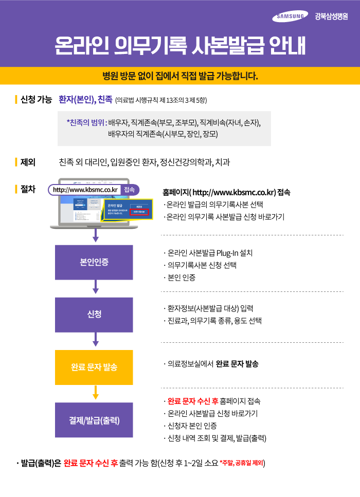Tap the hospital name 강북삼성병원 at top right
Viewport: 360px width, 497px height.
click(x=331, y=17)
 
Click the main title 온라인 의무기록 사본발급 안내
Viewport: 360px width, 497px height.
click(x=180, y=46)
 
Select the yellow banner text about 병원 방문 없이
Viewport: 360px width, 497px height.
click(x=180, y=77)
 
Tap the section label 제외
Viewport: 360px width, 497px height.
click(x=28, y=162)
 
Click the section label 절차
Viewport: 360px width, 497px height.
click(x=28, y=189)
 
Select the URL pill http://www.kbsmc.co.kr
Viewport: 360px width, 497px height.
click(x=85, y=190)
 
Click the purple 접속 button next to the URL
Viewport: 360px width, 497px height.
click(x=130, y=190)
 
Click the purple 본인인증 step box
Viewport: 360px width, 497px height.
click(x=94, y=262)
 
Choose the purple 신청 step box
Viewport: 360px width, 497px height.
click(x=94, y=315)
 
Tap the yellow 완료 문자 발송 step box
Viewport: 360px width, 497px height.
click(x=94, y=367)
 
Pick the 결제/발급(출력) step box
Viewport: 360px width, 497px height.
click(x=94, y=420)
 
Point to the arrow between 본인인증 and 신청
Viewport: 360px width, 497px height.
click(x=95, y=287)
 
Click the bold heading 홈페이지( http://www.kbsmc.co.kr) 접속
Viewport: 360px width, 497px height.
click(x=226, y=193)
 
